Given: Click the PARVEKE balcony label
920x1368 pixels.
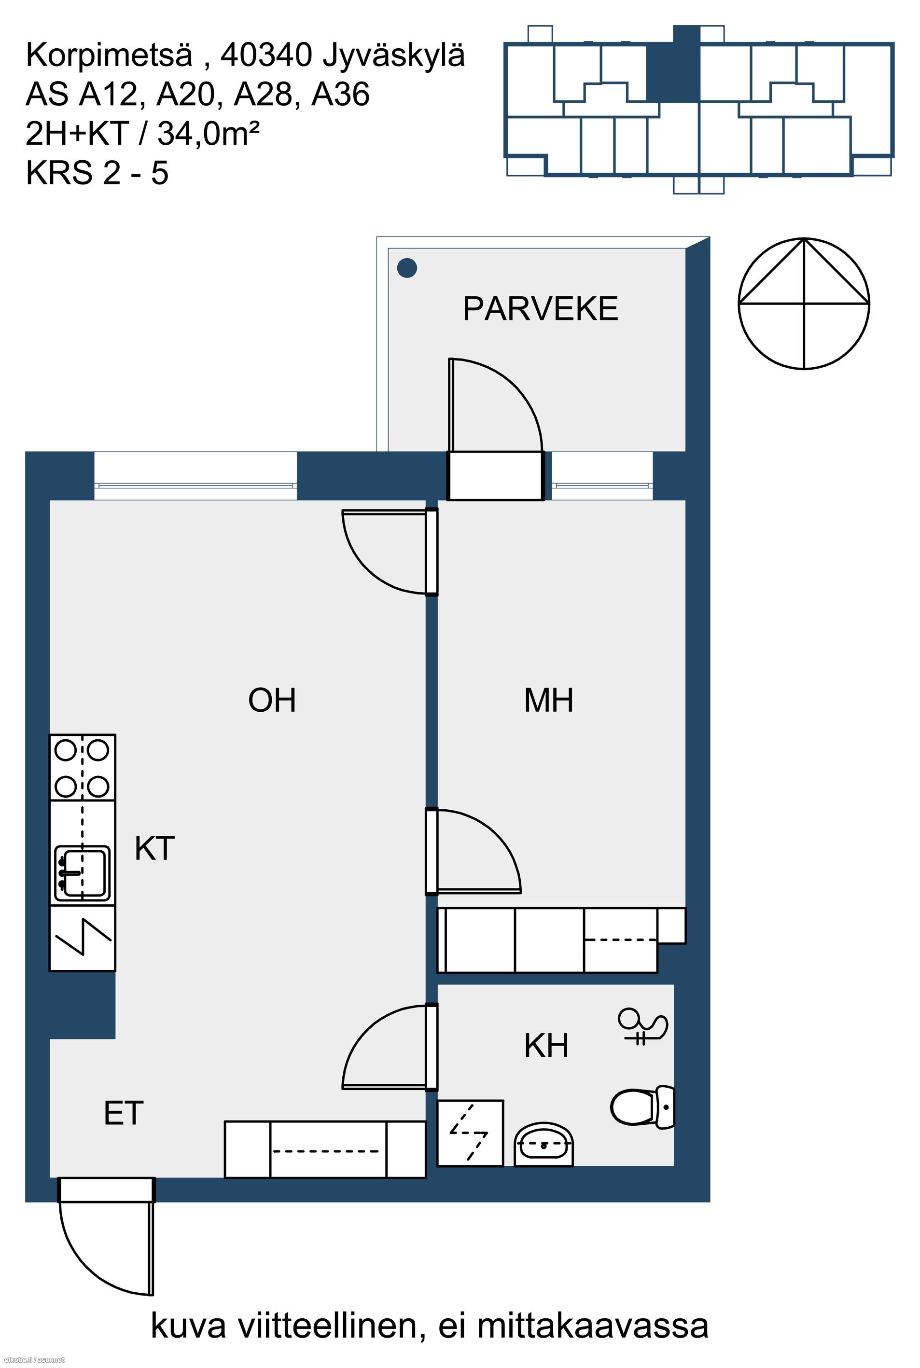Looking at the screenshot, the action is (541, 309).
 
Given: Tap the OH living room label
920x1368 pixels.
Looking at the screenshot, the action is (272, 700).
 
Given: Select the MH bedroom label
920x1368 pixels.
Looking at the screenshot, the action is (549, 700).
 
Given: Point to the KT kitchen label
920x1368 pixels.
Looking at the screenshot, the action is (154, 848).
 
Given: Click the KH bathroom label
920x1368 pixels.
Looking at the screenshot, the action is (546, 1046).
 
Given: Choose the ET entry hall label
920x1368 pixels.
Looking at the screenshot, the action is (123, 1113).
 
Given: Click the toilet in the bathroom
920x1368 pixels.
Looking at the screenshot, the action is (643, 1107).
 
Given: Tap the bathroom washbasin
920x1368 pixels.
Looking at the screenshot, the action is (544, 1144).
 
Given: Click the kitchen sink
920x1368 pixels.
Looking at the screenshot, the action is (82, 873).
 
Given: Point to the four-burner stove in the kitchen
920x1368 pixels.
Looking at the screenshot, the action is (82, 768).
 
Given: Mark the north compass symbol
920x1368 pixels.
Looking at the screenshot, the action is (804, 304).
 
